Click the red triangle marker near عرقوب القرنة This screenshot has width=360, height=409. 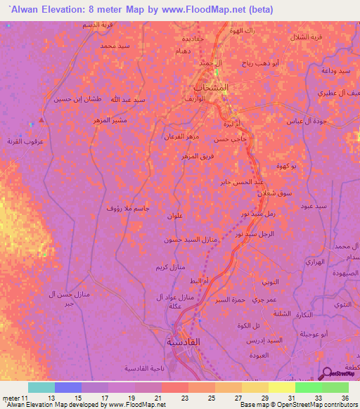tap(42, 119)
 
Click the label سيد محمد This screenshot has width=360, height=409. tap(115, 46)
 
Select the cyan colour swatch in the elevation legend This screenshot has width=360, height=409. tap(41, 387)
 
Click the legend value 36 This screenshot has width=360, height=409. tap(345, 398)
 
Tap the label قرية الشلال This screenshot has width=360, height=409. tap(308, 36)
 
